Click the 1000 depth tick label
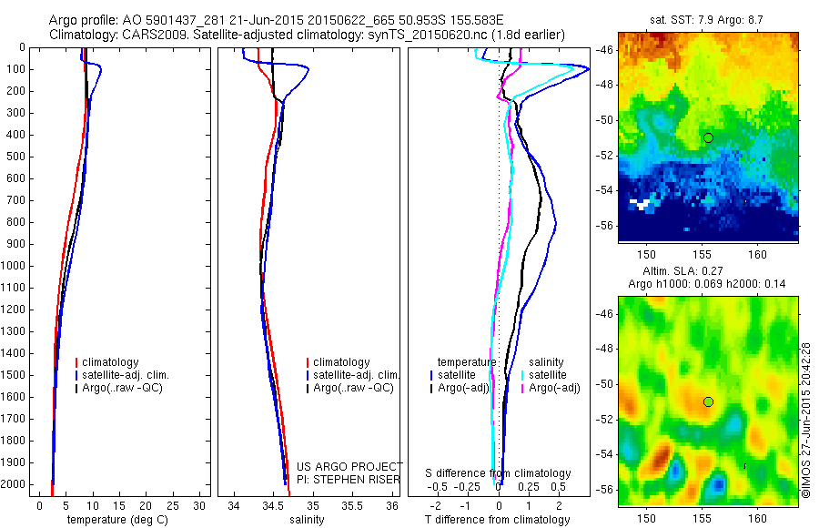(x=14, y=266)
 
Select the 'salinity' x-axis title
(x=307, y=520)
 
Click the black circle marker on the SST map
(x=708, y=137)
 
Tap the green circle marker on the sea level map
(x=708, y=401)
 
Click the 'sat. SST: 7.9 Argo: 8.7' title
(x=707, y=19)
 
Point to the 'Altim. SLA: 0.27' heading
(x=707, y=270)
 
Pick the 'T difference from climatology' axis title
(x=497, y=520)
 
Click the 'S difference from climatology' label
(x=498, y=473)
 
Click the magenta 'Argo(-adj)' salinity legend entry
(x=551, y=389)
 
